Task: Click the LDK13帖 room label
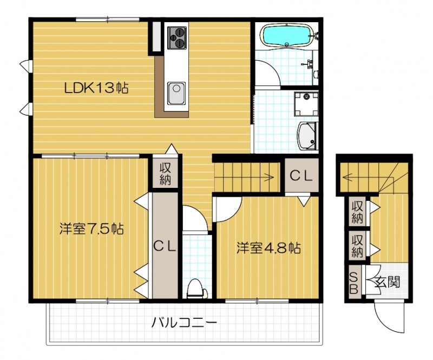click(x=96, y=88)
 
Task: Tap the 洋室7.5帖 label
click(x=92, y=229)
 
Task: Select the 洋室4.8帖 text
click(x=268, y=248)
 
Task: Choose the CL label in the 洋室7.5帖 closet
click(x=165, y=246)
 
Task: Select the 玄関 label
click(x=385, y=282)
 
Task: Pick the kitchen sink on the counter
click(x=176, y=94)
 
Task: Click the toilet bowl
click(x=196, y=289)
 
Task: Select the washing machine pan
click(x=305, y=104)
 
